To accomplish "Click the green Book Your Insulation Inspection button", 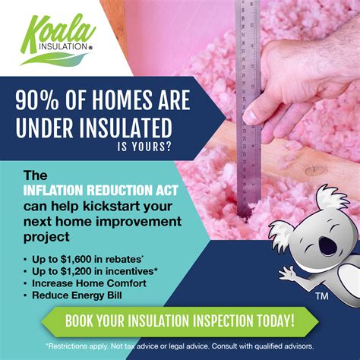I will tap(180, 319).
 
